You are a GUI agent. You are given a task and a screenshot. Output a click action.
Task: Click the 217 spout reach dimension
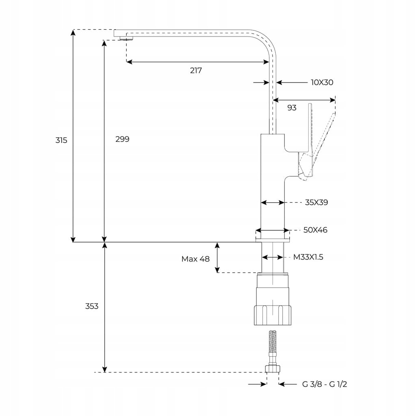tap(196, 71)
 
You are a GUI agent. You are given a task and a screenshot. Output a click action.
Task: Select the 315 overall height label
tap(61, 140)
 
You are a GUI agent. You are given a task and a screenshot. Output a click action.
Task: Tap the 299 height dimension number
tap(122, 139)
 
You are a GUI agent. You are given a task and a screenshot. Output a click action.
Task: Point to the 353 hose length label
tap(92, 306)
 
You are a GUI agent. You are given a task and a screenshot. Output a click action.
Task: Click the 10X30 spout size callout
tap(322, 82)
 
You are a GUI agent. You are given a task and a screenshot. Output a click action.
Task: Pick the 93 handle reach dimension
tap(292, 108)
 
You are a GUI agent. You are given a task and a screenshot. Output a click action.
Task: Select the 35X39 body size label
tap(316, 202)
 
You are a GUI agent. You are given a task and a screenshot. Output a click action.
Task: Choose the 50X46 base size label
tap(315, 230)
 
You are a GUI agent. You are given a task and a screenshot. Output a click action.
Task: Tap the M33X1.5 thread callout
tap(308, 257)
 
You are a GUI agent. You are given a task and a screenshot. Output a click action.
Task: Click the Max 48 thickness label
tap(195, 259)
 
